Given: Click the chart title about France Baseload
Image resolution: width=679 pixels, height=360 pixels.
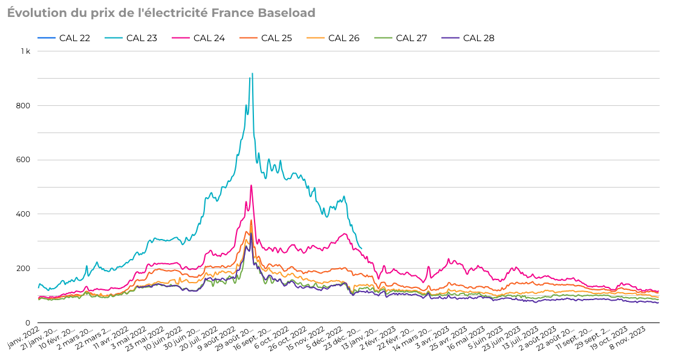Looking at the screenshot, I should point(161,13).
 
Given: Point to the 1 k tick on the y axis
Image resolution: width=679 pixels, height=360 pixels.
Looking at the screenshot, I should point(25,51).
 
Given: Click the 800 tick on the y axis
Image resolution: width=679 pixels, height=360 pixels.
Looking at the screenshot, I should point(24,106).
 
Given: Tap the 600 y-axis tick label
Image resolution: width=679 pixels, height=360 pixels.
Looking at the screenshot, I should point(24,160).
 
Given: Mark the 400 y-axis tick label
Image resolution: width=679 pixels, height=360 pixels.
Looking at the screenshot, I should point(24,214).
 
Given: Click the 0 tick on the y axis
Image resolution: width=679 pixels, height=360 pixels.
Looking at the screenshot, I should point(28,322).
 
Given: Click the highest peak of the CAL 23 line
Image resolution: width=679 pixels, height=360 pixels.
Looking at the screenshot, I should point(252,74).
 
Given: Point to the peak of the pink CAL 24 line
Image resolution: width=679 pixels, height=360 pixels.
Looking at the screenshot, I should point(251,186).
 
